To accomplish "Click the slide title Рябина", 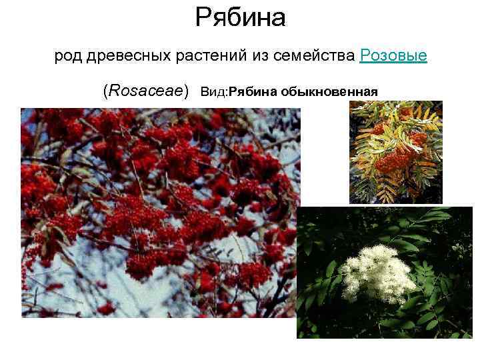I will (x=240, y=18).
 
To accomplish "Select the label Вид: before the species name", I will (x=214, y=91).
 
